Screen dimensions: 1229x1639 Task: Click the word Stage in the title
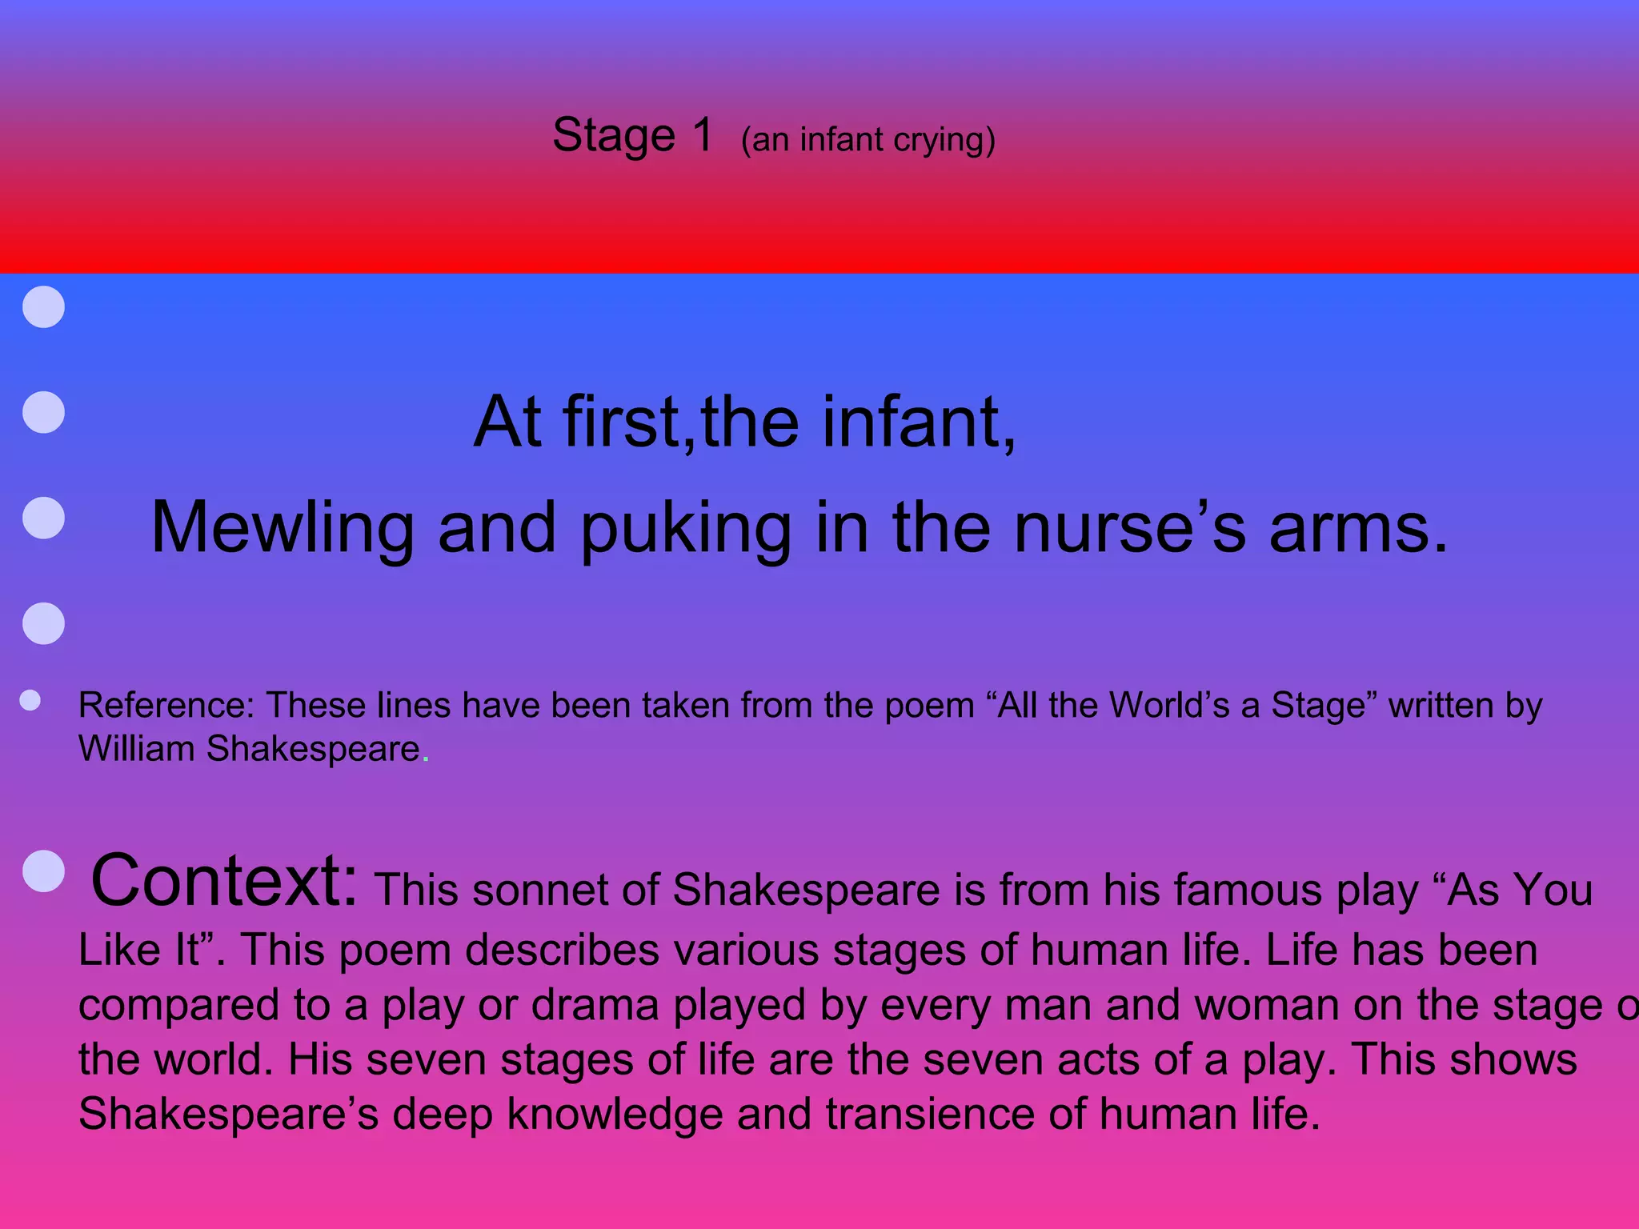(614, 135)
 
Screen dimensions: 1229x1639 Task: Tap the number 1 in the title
(703, 134)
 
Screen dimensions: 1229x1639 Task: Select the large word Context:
(225, 880)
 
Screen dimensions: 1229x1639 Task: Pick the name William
(137, 749)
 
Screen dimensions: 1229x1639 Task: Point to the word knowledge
(615, 1114)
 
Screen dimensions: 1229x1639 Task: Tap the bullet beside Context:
(44, 871)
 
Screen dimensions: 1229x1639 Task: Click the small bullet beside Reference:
(30, 701)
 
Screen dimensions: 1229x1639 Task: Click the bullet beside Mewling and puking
(44, 518)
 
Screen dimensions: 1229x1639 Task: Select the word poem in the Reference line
(930, 706)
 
